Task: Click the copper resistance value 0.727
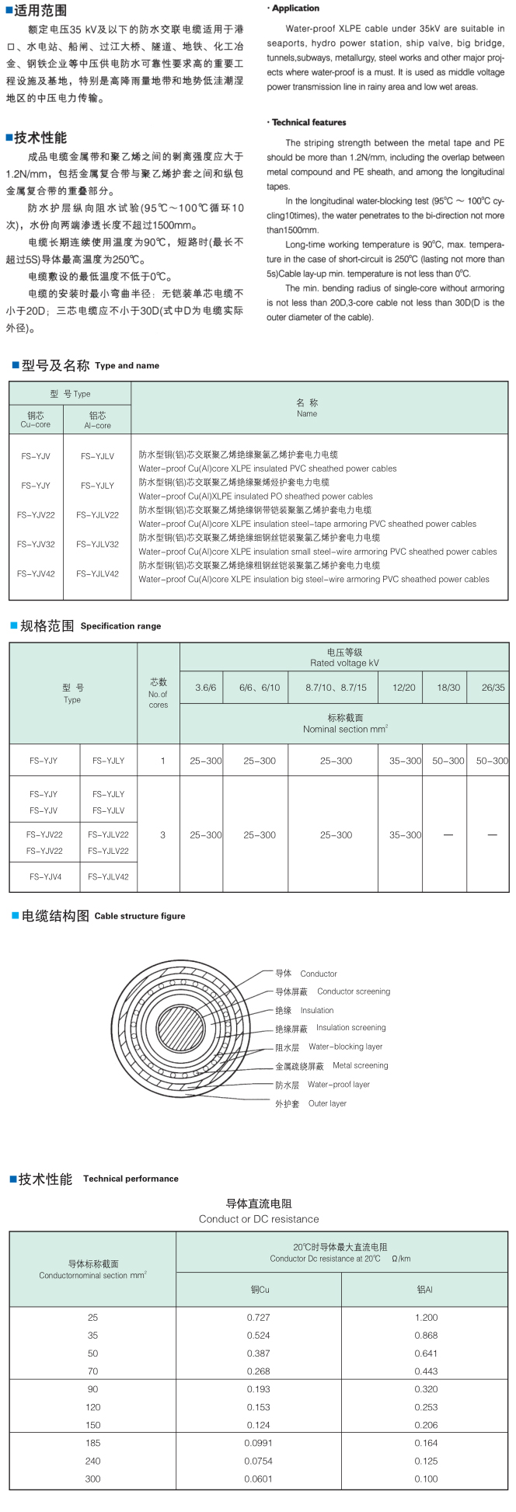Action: coord(258,1317)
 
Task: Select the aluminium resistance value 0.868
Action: coord(425,1335)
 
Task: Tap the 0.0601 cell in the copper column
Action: coord(258,1479)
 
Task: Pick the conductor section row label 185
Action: coord(93,1443)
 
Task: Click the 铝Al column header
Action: coord(424,1290)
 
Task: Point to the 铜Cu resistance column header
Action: coord(260,1290)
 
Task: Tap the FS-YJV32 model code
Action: coord(36,545)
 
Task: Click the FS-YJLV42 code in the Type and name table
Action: coord(97,574)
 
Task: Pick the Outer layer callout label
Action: coord(327,1103)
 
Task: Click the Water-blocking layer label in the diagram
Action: coord(345,1047)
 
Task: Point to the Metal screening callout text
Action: coord(360,1065)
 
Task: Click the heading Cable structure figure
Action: coord(140,916)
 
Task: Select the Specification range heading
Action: coord(120,626)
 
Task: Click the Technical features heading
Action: coord(309,122)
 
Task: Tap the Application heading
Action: coord(295,9)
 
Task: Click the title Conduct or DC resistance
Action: coord(259,1219)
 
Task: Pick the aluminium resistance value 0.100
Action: coord(425,1479)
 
